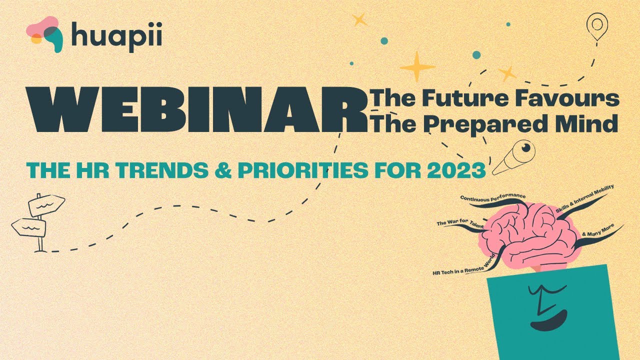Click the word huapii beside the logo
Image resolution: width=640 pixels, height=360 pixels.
pyautogui.click(x=116, y=36)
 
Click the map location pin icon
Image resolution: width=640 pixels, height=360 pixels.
pyautogui.click(x=596, y=26)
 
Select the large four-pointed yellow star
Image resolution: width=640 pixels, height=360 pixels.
pyautogui.click(x=417, y=66)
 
